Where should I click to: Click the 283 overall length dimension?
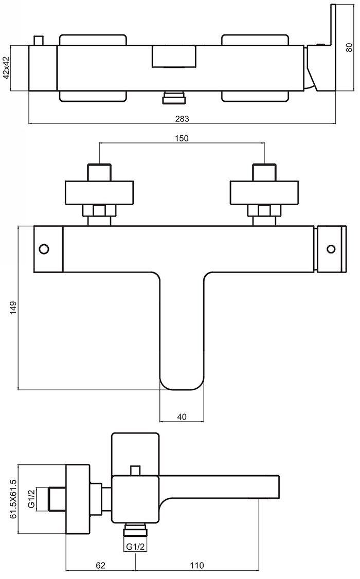(182, 118)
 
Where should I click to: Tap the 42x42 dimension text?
(7, 67)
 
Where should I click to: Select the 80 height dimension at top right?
(349, 47)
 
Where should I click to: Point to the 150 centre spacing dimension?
(182, 138)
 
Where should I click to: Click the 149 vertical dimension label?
(13, 308)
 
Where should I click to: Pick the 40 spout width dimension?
(182, 417)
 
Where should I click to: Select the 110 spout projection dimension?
(196, 565)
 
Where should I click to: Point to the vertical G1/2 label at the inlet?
(32, 498)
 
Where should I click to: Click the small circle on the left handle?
(44, 249)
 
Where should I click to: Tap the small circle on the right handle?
(331, 249)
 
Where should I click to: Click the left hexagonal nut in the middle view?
(99, 210)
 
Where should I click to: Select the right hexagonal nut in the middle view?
(264, 210)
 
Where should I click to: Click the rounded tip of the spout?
(182, 383)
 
